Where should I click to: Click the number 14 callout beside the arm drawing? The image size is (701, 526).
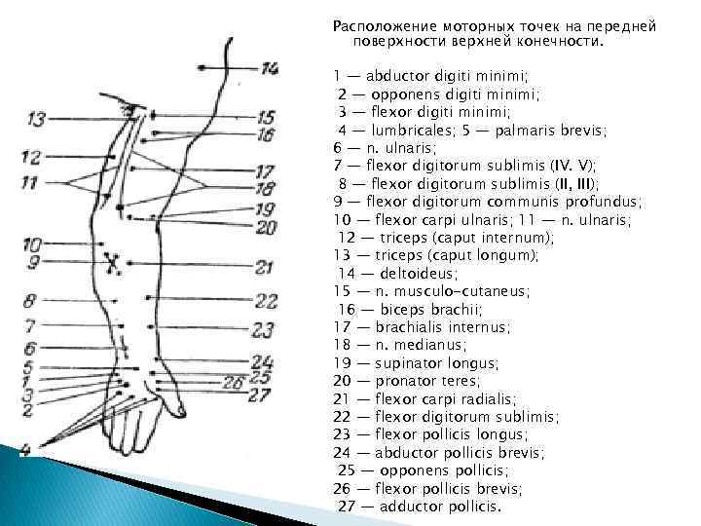270,68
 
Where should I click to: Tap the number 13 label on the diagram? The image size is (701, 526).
36,119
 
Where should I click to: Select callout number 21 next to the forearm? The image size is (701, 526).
265,267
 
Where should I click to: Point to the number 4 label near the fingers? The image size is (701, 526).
26,447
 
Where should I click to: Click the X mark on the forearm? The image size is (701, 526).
114,262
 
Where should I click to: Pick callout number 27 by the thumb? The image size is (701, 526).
259,394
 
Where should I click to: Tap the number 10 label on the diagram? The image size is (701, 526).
31,244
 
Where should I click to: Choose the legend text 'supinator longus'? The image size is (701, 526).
434,363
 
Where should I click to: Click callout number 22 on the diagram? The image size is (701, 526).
267,301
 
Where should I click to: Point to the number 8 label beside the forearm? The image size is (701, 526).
29,301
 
